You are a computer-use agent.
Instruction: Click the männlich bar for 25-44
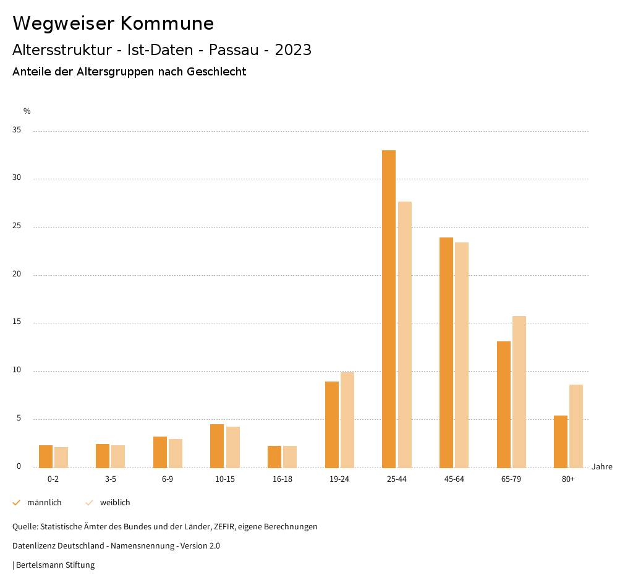pyautogui.click(x=389, y=309)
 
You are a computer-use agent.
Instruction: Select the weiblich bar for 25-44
pyautogui.click(x=405, y=335)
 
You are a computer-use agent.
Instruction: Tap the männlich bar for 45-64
pyautogui.click(x=446, y=352)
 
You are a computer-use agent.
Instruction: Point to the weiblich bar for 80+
pyautogui.click(x=576, y=426)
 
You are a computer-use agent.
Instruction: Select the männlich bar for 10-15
pyautogui.click(x=217, y=446)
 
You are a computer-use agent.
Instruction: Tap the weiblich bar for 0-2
pyautogui.click(x=61, y=457)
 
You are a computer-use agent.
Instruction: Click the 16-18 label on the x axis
pyautogui.click(x=282, y=479)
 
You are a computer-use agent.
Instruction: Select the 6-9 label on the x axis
pyautogui.click(x=168, y=479)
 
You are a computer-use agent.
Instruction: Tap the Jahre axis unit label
pyautogui.click(x=601, y=466)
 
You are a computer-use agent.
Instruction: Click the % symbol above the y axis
pyautogui.click(x=27, y=111)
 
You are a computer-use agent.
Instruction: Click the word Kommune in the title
pyautogui.click(x=167, y=23)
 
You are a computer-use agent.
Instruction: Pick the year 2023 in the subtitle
pyautogui.click(x=293, y=50)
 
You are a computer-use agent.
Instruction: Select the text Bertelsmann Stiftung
pyautogui.click(x=55, y=565)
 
